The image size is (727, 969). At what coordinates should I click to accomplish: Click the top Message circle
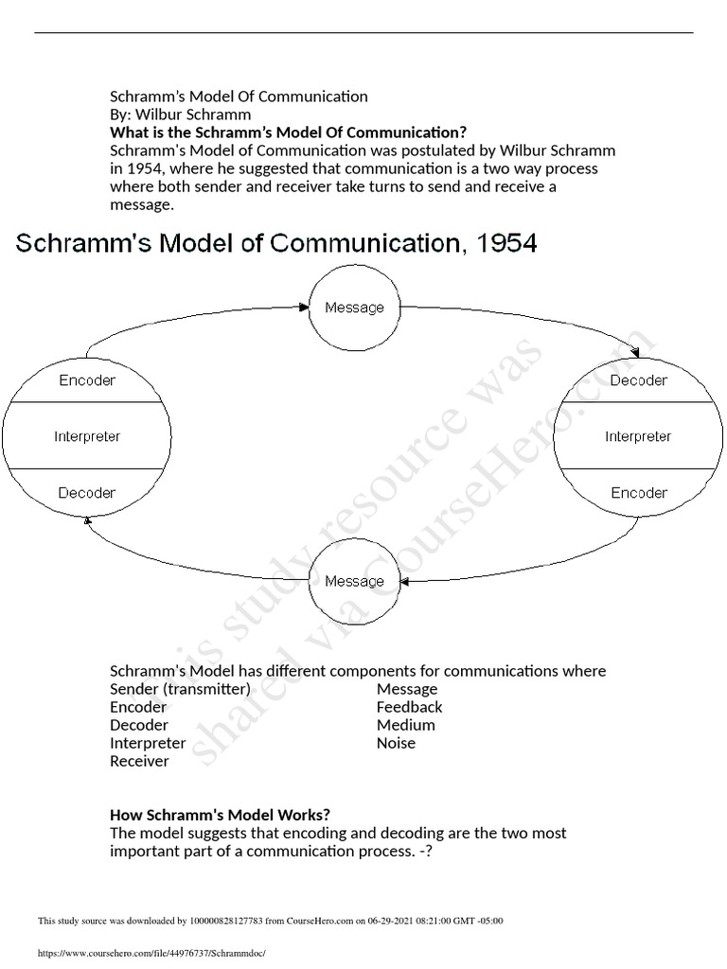(354, 308)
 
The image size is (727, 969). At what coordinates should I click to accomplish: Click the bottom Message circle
(354, 581)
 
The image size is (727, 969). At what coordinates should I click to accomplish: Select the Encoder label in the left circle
(87, 380)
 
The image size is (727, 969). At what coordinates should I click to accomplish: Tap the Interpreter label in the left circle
(87, 436)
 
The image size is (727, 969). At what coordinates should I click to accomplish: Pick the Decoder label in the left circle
(87, 493)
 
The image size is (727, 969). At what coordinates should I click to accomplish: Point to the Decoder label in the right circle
(638, 380)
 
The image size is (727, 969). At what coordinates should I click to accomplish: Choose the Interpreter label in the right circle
(638, 436)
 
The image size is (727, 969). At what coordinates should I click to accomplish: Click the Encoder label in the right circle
(638, 493)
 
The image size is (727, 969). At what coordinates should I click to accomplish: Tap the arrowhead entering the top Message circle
(306, 306)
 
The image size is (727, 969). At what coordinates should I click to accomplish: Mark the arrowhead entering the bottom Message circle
(403, 579)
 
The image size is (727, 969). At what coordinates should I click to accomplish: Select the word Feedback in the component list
(409, 707)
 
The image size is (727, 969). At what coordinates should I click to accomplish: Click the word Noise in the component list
(396, 743)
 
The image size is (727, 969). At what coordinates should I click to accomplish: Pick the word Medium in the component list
(405, 725)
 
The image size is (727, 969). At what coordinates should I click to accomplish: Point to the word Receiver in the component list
(139, 761)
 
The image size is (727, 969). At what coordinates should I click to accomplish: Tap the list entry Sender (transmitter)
(180, 689)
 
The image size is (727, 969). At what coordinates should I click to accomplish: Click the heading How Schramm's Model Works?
(221, 815)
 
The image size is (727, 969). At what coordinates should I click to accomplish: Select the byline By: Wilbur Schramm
(181, 115)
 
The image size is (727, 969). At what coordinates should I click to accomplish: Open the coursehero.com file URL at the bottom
(151, 954)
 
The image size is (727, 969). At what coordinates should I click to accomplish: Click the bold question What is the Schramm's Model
(289, 132)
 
